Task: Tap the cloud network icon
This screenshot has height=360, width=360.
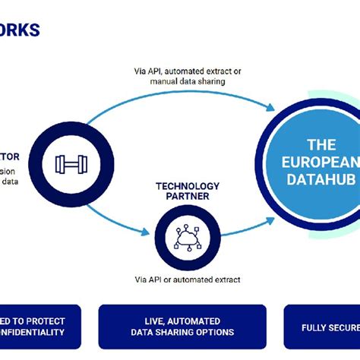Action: point(186,238)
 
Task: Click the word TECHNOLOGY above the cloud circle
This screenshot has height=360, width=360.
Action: point(188,186)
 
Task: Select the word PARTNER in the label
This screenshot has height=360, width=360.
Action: point(188,197)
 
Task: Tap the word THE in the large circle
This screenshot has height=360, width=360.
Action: point(321,144)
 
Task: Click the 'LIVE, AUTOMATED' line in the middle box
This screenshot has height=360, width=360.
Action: point(182,321)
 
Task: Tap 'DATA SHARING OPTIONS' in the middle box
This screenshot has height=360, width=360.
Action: point(182,332)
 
